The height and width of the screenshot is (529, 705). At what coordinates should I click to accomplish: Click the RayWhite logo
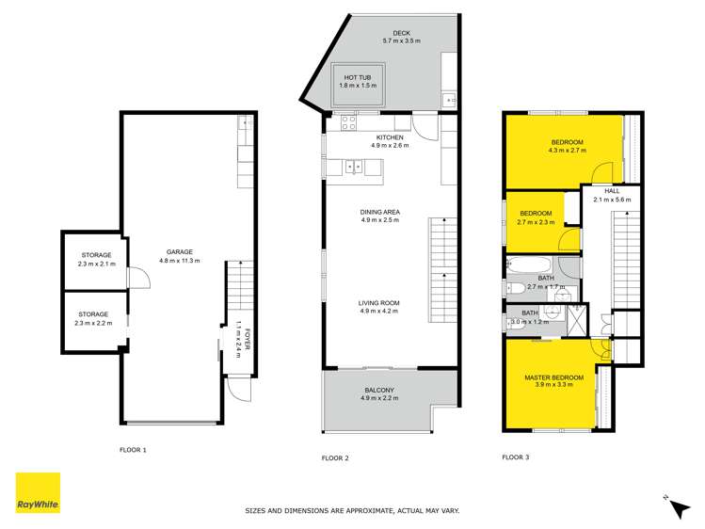[38, 492]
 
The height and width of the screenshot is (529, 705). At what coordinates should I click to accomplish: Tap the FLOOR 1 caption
[133, 450]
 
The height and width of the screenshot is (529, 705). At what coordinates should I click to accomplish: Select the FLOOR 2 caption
[335, 457]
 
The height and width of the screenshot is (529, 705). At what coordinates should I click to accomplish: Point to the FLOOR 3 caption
[515, 457]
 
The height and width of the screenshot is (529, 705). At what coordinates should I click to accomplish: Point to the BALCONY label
[380, 393]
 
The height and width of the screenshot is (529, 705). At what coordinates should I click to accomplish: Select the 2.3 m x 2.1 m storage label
[93, 260]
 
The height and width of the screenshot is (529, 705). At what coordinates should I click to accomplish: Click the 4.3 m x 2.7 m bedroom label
[568, 146]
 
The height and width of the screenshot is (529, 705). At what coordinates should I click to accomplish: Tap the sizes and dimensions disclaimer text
[352, 510]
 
